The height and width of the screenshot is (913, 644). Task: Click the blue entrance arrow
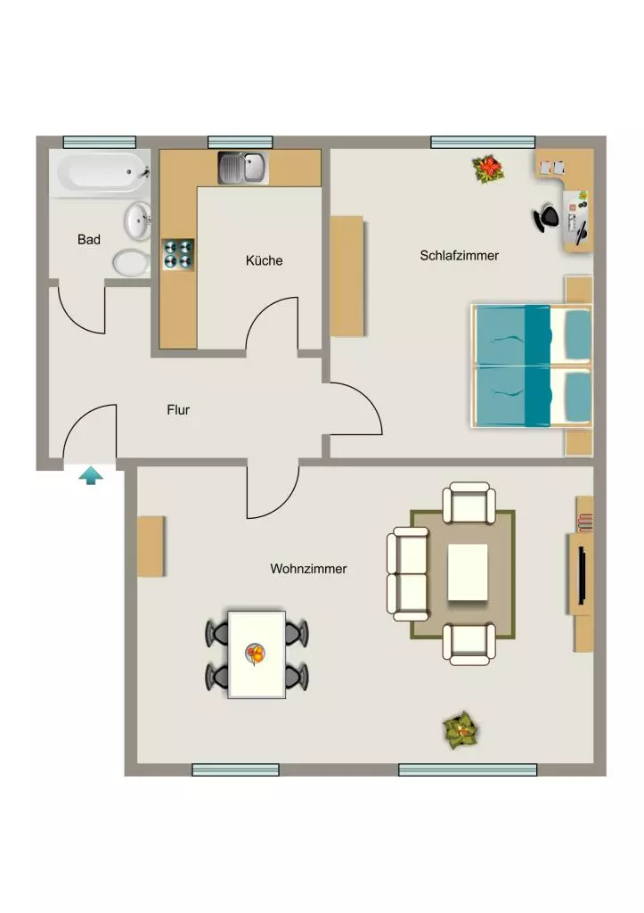91,475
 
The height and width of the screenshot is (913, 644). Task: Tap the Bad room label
89,239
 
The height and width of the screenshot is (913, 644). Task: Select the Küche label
265,260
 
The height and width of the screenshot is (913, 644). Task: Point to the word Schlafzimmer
459,255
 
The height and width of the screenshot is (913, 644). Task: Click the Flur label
178,410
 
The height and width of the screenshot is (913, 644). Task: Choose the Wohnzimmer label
308,568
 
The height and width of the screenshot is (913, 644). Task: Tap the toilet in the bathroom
130,263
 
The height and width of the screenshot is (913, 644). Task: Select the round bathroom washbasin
138,221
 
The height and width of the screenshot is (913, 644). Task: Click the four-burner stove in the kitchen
178,254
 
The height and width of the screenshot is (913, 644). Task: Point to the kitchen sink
242,168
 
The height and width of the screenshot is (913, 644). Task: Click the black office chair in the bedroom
546,218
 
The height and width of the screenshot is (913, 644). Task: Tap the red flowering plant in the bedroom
489,169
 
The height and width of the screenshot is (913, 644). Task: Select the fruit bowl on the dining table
255,654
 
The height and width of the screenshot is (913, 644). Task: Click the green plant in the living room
461,730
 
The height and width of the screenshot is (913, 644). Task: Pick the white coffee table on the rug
468,572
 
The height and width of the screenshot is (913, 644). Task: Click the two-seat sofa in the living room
408,574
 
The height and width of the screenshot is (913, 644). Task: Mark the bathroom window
100,142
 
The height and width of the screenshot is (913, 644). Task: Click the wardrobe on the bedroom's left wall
347,276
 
